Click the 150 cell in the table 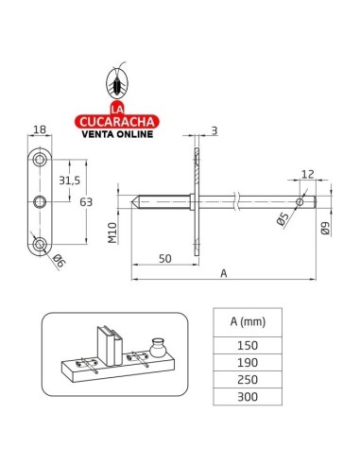pyautogui.click(x=248, y=346)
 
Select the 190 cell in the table pyautogui.click(x=248, y=363)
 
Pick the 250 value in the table pyautogui.click(x=248, y=380)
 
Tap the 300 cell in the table pyautogui.click(x=248, y=397)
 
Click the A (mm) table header pyautogui.click(x=248, y=322)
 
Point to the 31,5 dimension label pyautogui.click(x=70, y=181)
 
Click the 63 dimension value pyautogui.click(x=86, y=202)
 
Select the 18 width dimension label pyautogui.click(x=40, y=129)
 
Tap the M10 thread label pyautogui.click(x=112, y=232)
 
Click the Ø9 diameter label pyautogui.click(x=325, y=229)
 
